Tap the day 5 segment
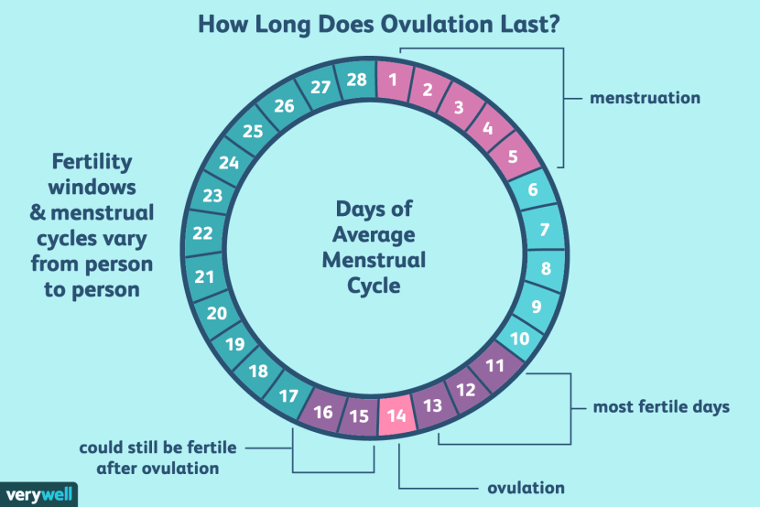point(513,156)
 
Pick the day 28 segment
point(355,80)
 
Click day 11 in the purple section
point(494,366)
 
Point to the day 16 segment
point(324,411)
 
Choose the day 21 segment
point(206,276)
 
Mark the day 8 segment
point(545,269)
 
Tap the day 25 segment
point(253,132)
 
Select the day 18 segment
point(257,372)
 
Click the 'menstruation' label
point(645,98)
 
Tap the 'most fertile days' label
point(661,406)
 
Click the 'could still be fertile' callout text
point(157,448)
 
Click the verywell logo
point(37,492)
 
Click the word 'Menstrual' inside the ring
point(380,260)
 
